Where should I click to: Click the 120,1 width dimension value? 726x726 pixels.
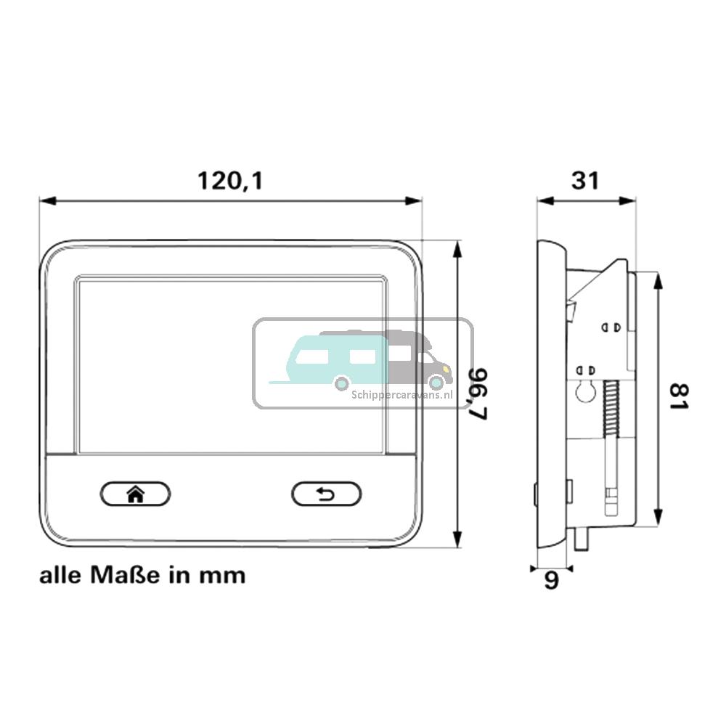(230, 180)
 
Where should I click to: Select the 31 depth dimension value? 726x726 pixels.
(585, 179)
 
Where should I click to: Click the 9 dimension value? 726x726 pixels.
(552, 582)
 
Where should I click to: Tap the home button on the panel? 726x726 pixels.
(135, 494)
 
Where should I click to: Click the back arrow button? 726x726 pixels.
(326, 494)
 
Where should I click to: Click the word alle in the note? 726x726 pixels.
(62, 576)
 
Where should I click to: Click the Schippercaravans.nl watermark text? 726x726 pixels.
(401, 395)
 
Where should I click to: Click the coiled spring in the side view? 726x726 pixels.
(610, 411)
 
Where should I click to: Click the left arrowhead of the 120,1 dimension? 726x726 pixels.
(46, 200)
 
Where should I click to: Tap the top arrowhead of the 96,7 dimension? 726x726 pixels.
(457, 248)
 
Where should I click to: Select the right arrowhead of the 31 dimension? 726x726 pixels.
(630, 200)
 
